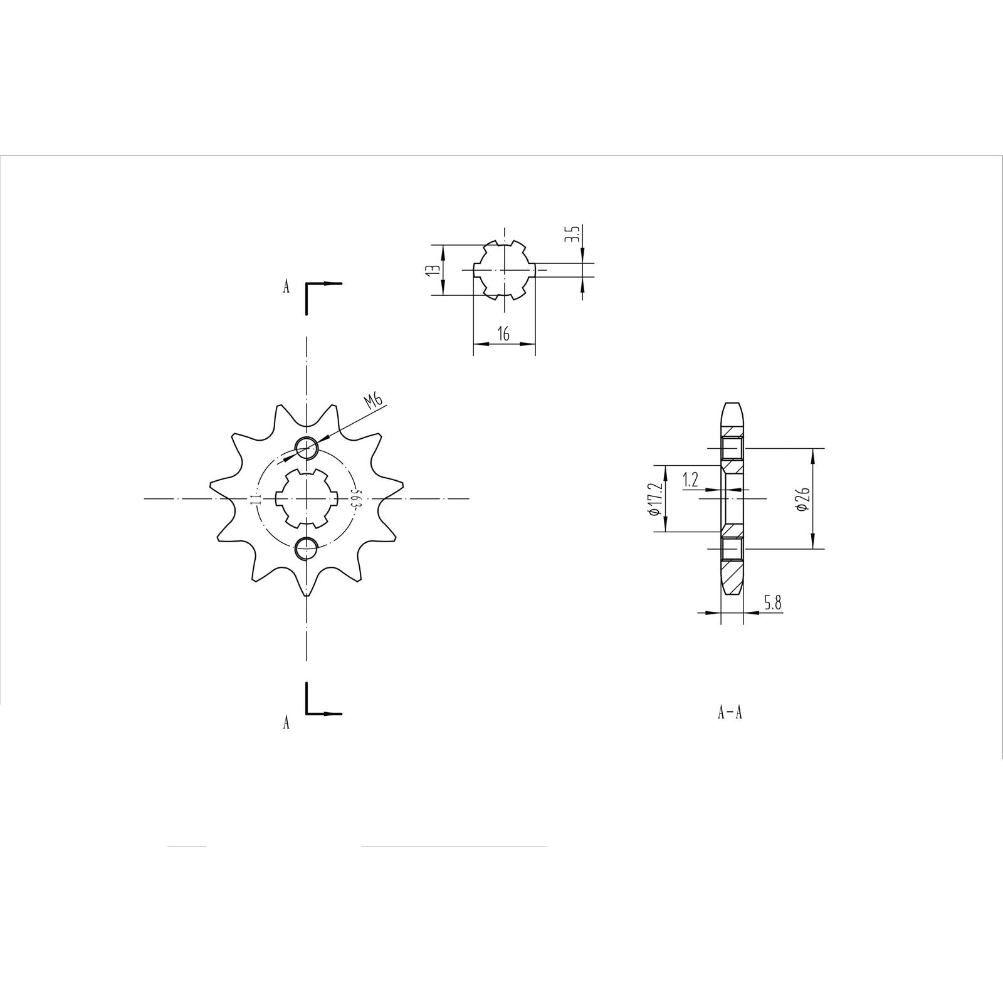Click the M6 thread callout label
point(374,402)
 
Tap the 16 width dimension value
point(503,334)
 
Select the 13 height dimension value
point(431,270)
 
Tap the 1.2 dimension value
point(691,480)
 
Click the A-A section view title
point(730,713)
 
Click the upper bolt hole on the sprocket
point(307,448)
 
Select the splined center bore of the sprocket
point(307,498)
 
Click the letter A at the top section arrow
point(286,287)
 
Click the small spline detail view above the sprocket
point(503,270)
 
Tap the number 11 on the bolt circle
point(255,498)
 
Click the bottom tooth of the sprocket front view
point(306,589)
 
